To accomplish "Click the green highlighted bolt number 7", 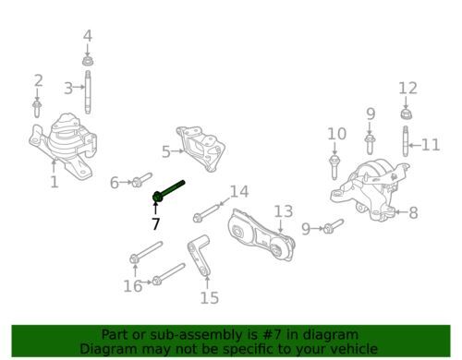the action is point(168,191).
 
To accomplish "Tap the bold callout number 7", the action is point(156,223).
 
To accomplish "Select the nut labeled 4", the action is point(88,60).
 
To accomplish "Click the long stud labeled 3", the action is point(88,92).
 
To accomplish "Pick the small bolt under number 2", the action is point(37,109).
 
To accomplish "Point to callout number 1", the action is point(55,182).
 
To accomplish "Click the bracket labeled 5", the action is point(201,148).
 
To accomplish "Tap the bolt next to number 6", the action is point(141,180).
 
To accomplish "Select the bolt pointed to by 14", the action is point(206,213).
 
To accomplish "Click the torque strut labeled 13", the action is point(261,235).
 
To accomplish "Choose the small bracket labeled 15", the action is point(199,256).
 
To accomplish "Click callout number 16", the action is point(133,286).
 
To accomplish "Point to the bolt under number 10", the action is point(334,167).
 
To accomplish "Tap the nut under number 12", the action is point(407,114).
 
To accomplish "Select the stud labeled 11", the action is point(406,141).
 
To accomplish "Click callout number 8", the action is point(413,212).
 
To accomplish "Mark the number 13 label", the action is point(284,211).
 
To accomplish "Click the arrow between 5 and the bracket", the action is point(177,151).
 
